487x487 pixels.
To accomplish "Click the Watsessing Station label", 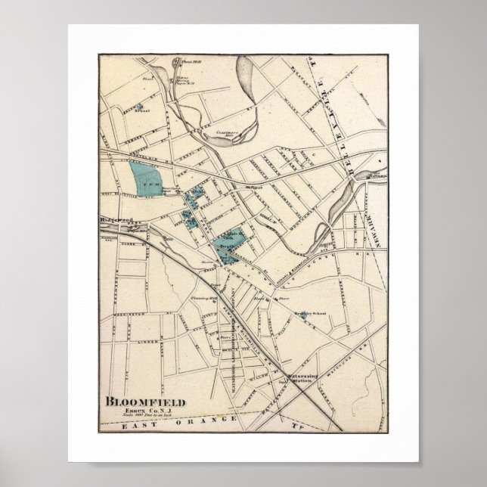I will click(299, 376).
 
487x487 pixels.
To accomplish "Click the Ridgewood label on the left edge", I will click(113, 220).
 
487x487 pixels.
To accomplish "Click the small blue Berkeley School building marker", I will click(302, 318).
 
